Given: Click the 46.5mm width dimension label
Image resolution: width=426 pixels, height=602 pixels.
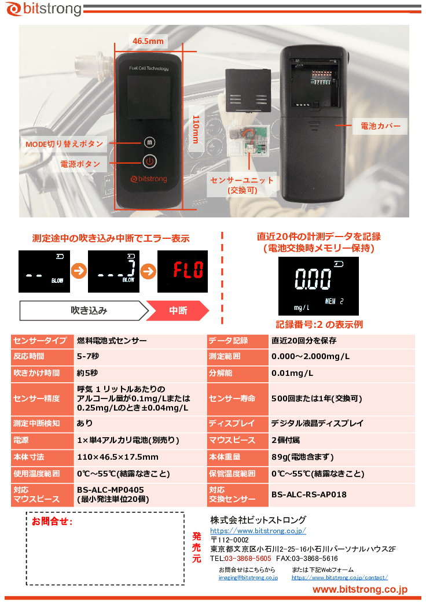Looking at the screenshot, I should click(148, 41).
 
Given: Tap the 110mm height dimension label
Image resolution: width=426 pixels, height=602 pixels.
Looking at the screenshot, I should click(195, 129).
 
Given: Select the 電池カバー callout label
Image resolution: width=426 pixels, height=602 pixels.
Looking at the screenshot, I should click(380, 125).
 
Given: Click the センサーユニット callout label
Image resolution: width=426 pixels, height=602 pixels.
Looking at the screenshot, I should click(242, 185).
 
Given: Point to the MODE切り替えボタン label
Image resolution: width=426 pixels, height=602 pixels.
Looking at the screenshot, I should click(64, 143).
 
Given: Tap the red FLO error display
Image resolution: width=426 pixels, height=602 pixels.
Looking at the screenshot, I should click(183, 271).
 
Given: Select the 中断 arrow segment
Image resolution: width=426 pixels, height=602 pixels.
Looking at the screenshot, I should click(178, 311).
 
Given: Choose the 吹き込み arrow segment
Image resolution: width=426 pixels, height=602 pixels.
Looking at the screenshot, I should click(89, 311).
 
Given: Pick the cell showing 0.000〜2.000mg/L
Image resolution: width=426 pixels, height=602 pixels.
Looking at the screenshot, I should click(310, 357).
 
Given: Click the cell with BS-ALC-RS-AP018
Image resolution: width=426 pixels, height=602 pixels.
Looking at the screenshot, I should click(309, 494).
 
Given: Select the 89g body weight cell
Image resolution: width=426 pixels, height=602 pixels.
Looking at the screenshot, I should click(302, 457).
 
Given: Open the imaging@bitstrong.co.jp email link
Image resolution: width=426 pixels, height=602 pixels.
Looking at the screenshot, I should click(248, 577).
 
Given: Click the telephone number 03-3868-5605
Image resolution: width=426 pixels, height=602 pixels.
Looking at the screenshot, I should click(248, 559).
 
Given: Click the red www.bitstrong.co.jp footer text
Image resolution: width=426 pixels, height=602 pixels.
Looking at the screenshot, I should click(360, 589).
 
